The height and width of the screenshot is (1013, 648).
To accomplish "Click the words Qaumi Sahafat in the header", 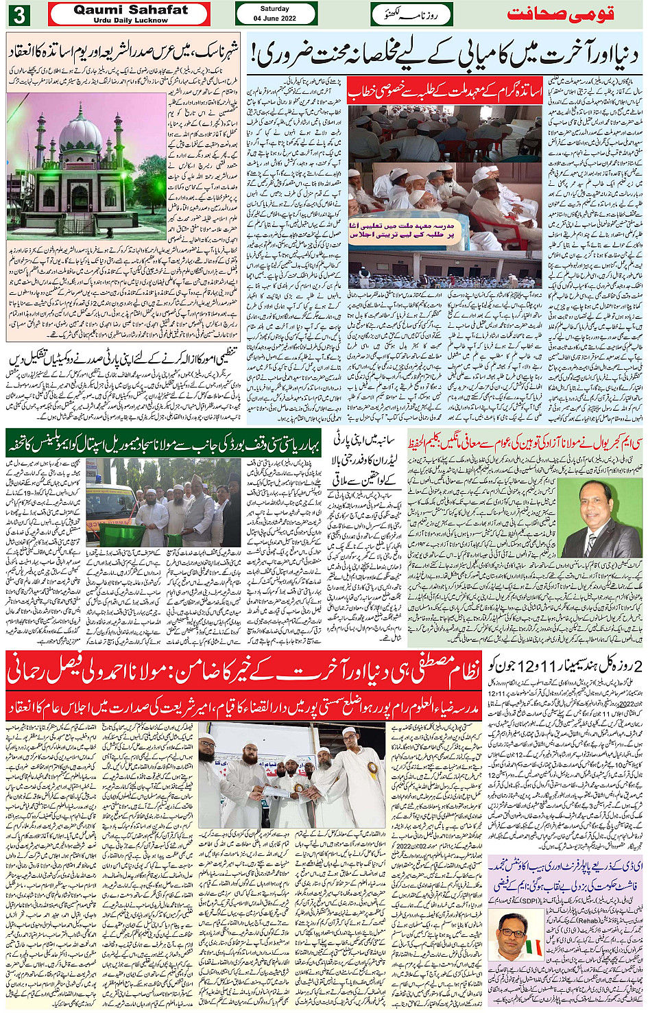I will (x=130, y=10).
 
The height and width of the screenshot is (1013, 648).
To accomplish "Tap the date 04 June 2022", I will (x=275, y=19).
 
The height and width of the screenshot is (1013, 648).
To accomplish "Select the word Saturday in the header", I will (x=275, y=9).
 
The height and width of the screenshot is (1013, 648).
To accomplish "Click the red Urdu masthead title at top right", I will (x=560, y=14).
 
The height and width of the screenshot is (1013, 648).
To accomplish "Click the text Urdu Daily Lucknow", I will (x=130, y=21).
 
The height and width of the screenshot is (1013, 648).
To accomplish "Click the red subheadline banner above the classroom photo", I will (x=445, y=90).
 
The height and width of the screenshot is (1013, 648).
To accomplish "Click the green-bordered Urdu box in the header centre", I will (x=411, y=14).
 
